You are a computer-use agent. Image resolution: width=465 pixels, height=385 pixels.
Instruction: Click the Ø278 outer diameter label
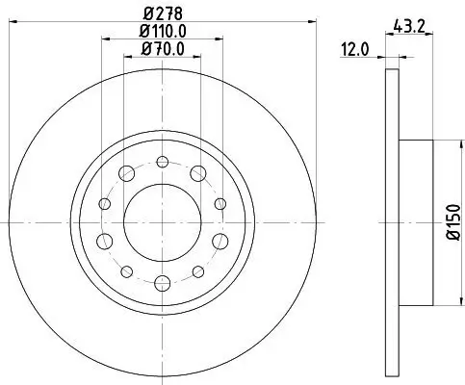click(162, 13)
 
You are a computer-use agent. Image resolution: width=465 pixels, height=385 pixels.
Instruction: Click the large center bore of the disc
click(163, 223)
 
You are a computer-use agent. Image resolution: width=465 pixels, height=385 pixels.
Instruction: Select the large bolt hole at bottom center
click(163, 282)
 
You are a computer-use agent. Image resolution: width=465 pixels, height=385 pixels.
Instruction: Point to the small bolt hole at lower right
click(197, 271)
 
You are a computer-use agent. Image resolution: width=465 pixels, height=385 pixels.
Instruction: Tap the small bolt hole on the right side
click(220, 203)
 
